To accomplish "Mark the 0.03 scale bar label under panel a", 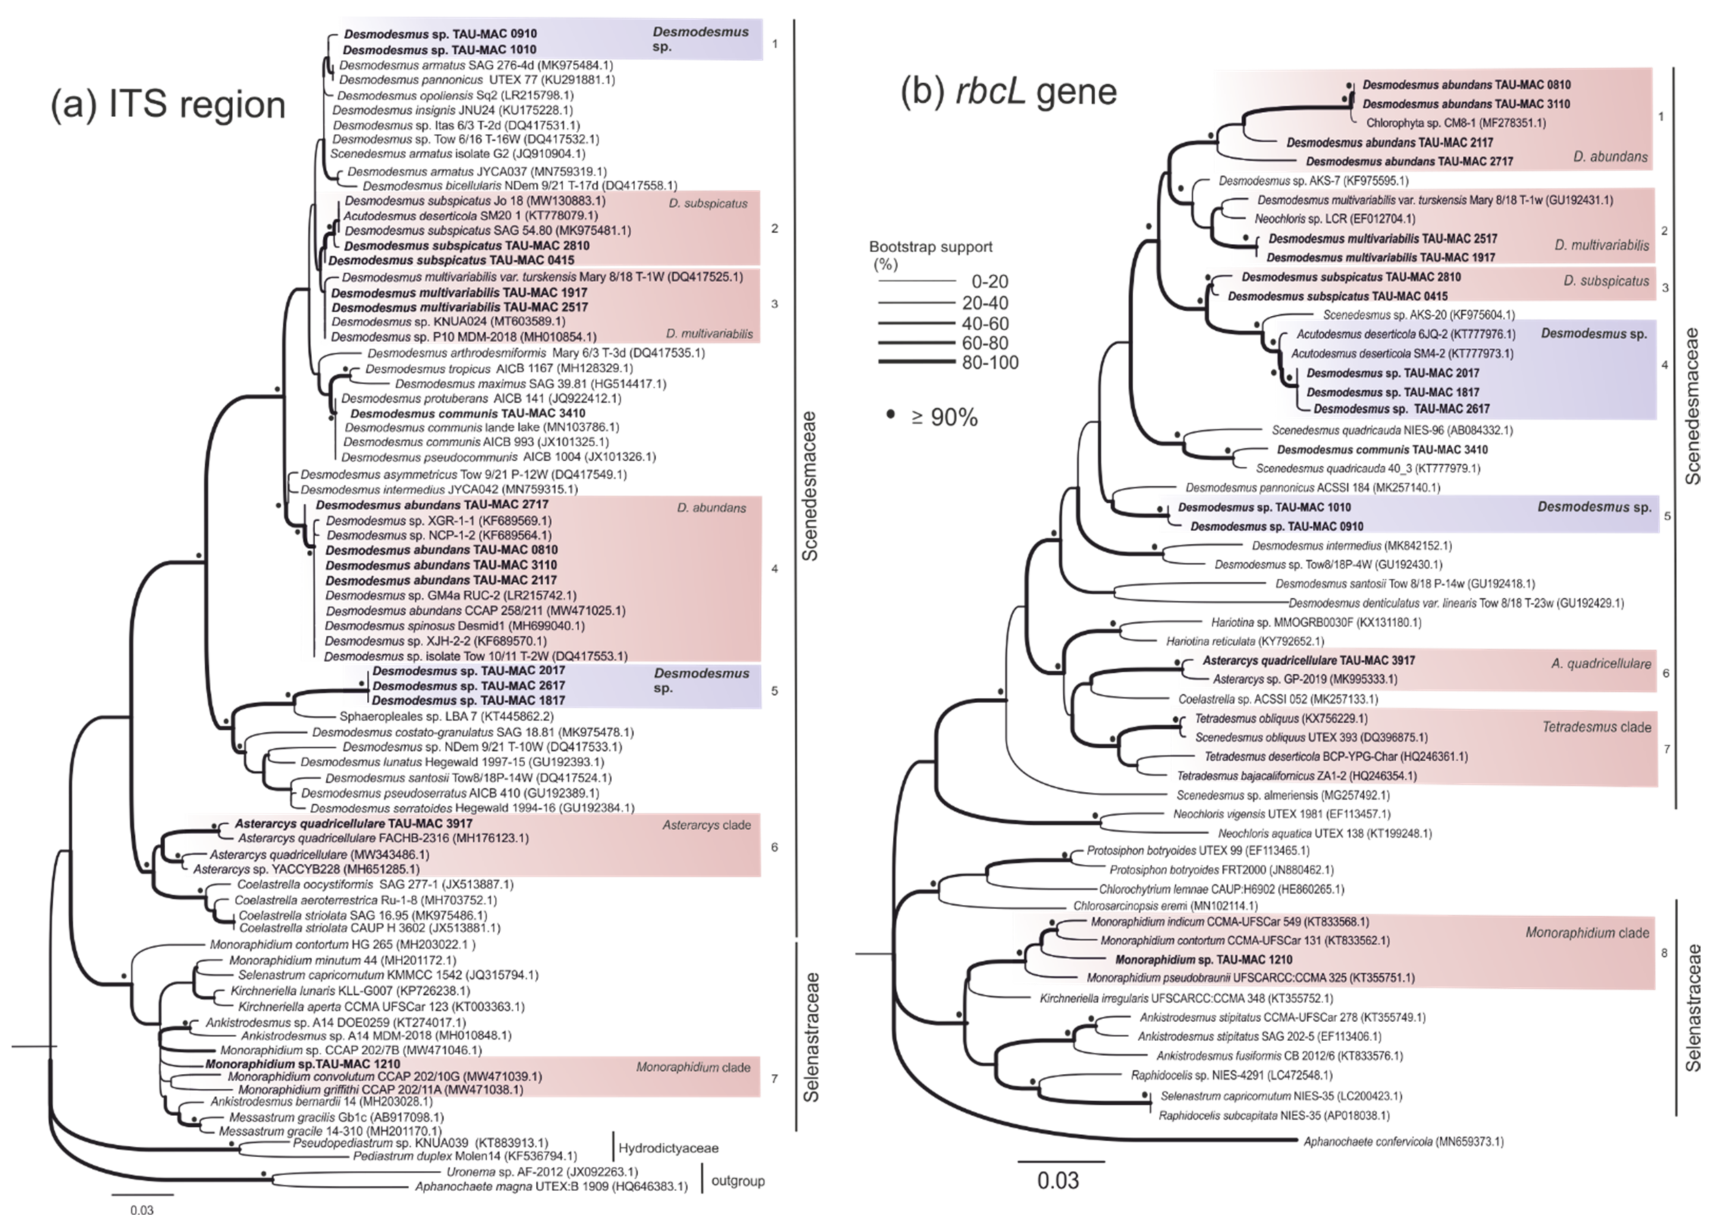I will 142,1210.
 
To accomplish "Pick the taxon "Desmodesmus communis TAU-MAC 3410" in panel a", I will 467,414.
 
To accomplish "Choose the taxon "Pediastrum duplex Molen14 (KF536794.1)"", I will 464,1157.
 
